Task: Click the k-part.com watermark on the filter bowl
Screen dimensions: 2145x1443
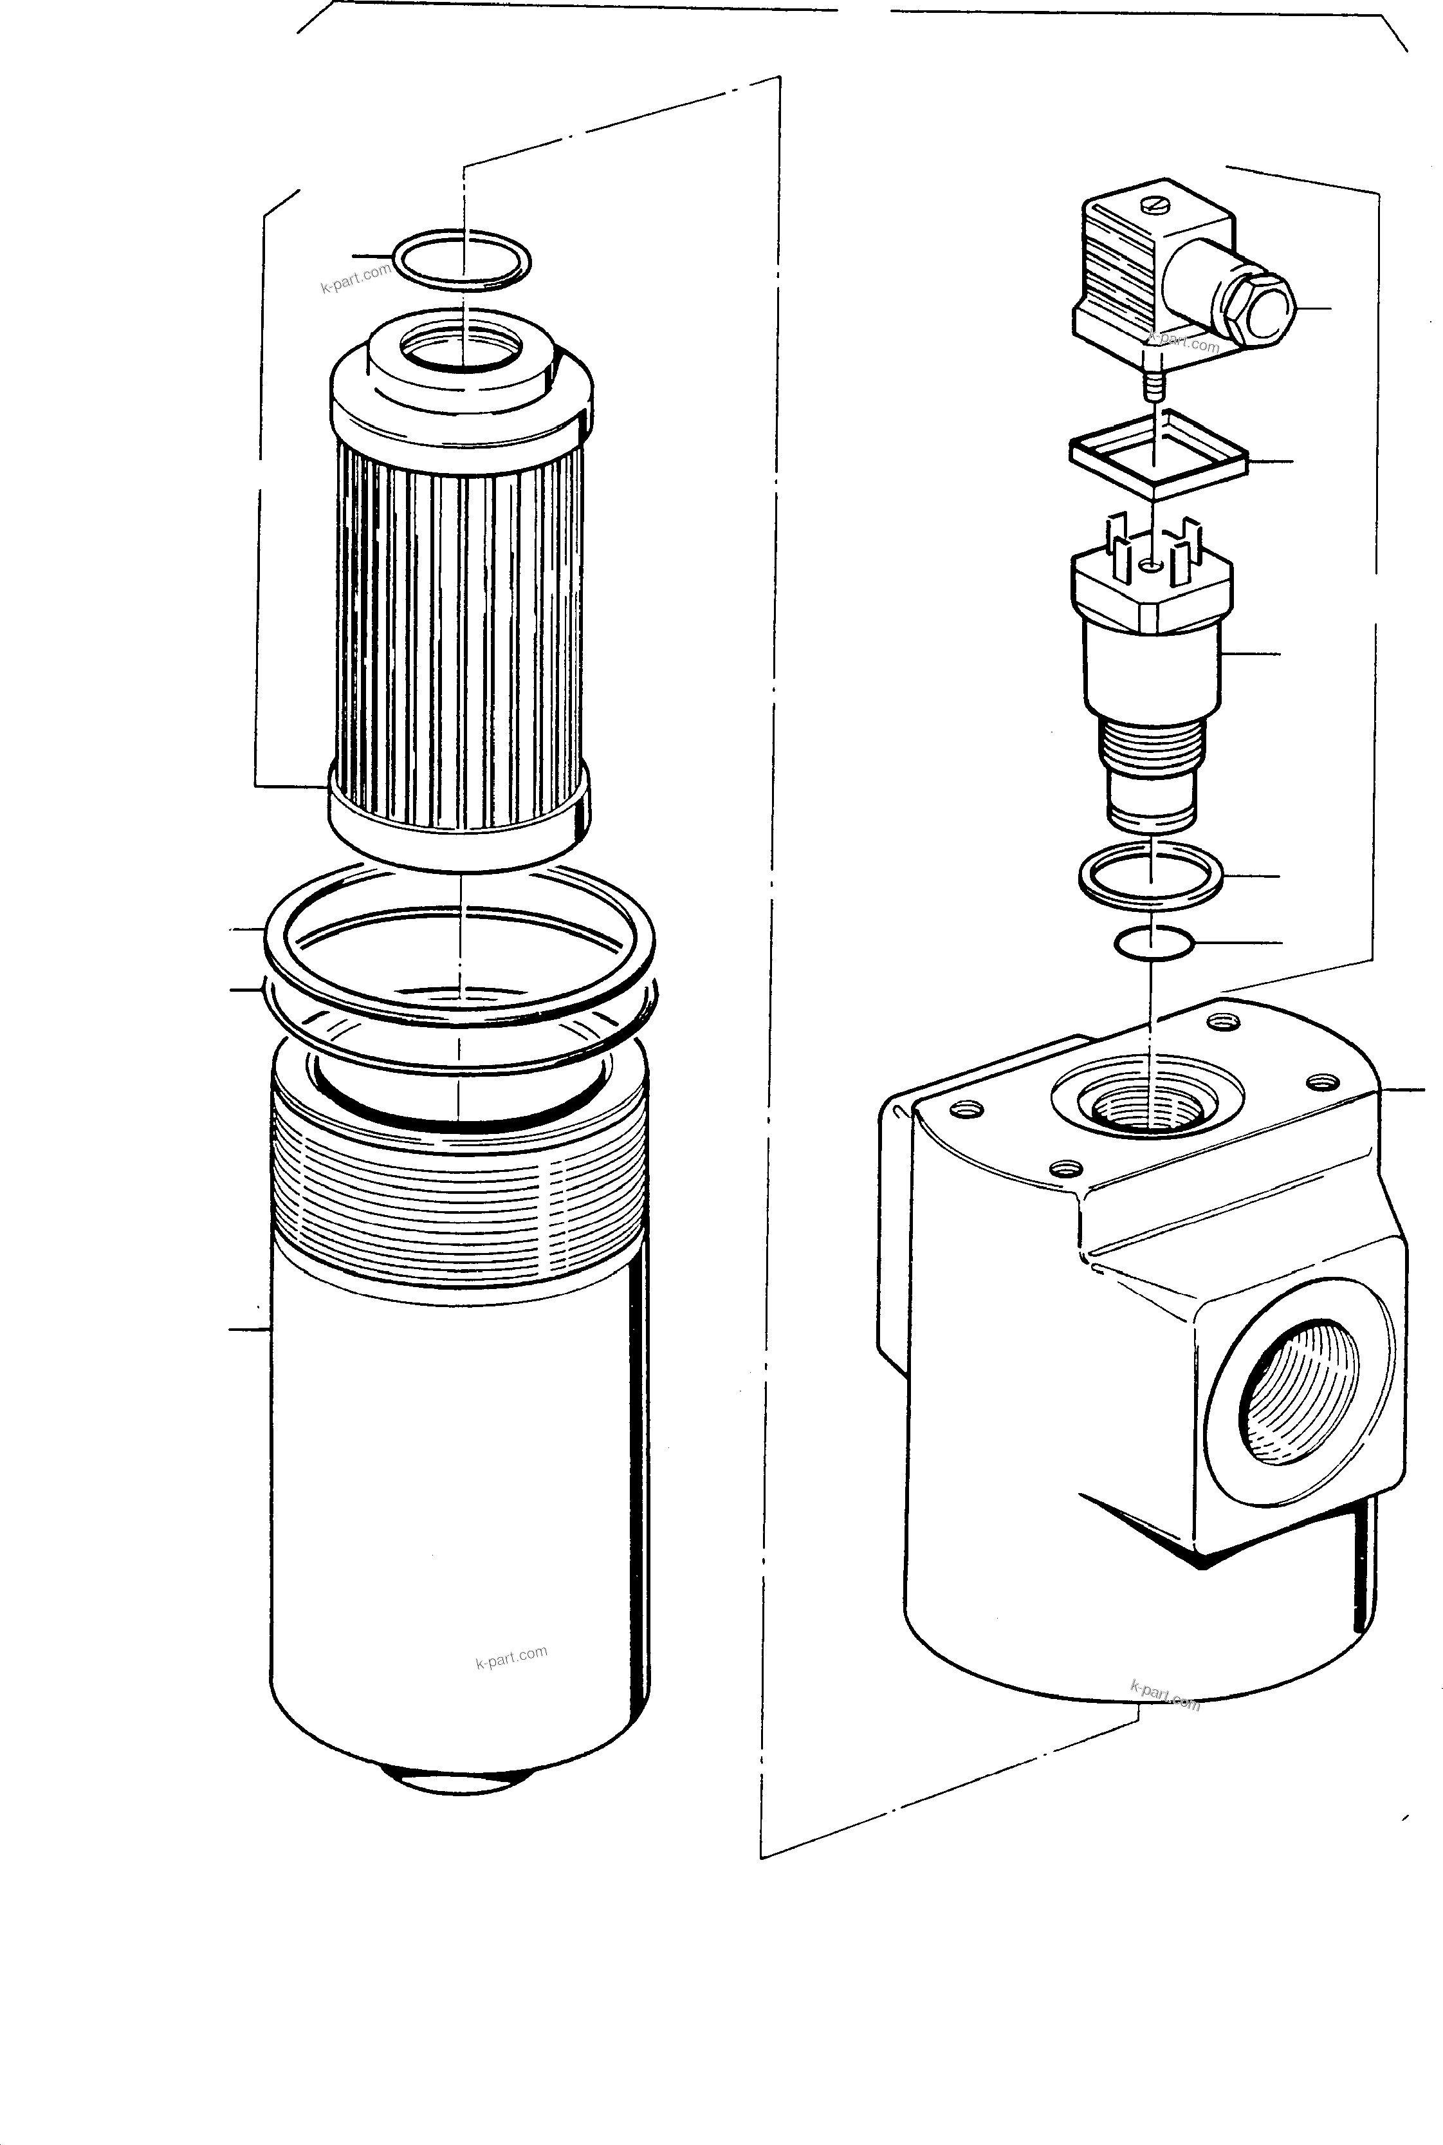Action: click(x=511, y=1657)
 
